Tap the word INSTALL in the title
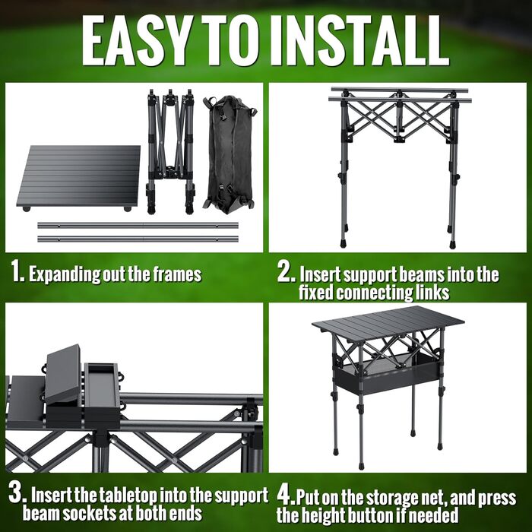click(359, 40)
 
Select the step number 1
click(17, 271)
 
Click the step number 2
click(286, 271)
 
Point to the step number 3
click(17, 493)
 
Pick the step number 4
click(286, 496)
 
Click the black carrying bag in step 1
click(229, 155)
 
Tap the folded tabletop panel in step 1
click(79, 178)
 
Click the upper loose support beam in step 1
click(138, 225)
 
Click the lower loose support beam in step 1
click(138, 239)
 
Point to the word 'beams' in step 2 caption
click(421, 274)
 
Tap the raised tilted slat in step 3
click(63, 374)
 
